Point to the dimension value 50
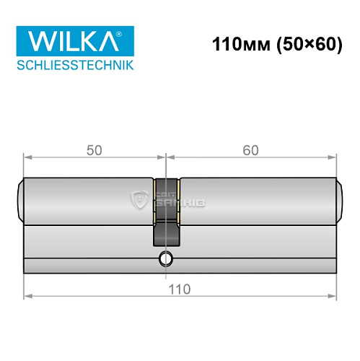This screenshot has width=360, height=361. pyautogui.click(x=95, y=150)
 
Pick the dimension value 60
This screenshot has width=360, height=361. pyautogui.click(x=250, y=150)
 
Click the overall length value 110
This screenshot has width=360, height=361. pyautogui.click(x=180, y=289)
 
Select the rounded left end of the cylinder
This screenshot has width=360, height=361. pyautogui.click(x=20, y=199)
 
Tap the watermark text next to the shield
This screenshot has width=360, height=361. pyautogui.click(x=183, y=199)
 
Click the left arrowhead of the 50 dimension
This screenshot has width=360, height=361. pyautogui.click(x=27, y=157)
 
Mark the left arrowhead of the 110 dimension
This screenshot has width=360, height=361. pyautogui.click(x=27, y=296)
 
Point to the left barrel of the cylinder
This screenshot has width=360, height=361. pyautogui.click(x=87, y=199)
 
